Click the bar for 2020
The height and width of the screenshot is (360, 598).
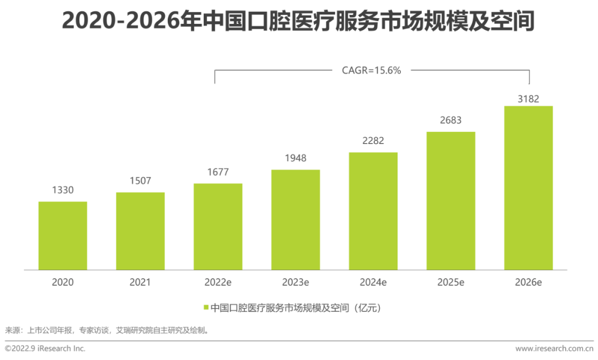[63, 235]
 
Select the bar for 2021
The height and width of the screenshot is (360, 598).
[140, 231]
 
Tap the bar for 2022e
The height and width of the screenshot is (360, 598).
[218, 227]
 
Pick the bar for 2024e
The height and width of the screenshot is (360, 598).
[373, 211]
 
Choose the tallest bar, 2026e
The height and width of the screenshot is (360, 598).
[528, 188]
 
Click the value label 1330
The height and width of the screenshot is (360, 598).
[63, 190]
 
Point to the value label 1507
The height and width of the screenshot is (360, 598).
[140, 181]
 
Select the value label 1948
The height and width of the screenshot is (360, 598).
[295, 158]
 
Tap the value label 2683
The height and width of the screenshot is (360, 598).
[451, 120]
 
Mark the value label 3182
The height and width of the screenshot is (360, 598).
[528, 99]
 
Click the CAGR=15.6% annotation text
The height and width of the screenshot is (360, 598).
[372, 70]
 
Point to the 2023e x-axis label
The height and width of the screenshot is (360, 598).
[295, 282]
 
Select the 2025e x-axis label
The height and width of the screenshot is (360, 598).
[451, 282]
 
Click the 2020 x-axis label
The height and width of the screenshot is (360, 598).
[63, 282]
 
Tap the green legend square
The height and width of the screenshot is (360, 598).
[206, 307]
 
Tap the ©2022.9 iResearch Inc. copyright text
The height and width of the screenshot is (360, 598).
[45, 348]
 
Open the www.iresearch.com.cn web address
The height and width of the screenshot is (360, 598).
[554, 348]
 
